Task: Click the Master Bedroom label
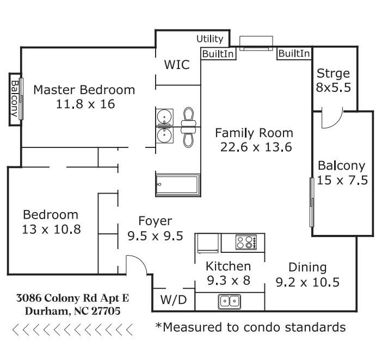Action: tap(84, 90)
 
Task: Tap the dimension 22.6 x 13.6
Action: tap(256, 147)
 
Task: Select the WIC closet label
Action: tap(177, 65)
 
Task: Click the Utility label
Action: tap(210, 39)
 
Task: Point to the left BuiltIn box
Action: tap(218, 54)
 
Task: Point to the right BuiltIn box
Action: tap(294, 53)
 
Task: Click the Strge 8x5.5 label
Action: tap(333, 80)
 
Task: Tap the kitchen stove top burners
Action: tap(246, 242)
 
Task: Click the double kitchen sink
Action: tap(230, 302)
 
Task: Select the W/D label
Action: tap(174, 300)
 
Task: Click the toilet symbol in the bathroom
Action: tap(188, 128)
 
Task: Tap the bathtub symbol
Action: tap(177, 185)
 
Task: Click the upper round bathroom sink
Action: tap(164, 117)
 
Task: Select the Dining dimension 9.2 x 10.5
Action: tap(307, 282)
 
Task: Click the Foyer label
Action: tap(155, 221)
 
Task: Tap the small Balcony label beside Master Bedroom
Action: tap(15, 99)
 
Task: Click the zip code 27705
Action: tap(106, 311)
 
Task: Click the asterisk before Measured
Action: tap(159, 325)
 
